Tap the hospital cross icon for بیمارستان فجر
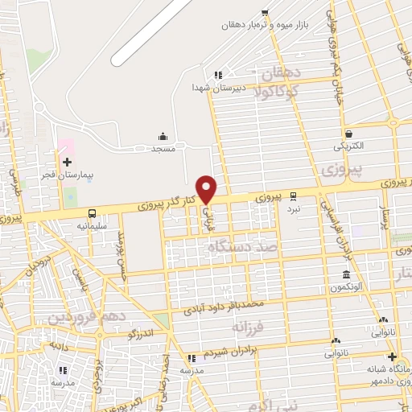coord(67,161)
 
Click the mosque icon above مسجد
coord(163,136)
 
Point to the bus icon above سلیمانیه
coord(93,213)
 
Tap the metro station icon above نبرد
coord(292,195)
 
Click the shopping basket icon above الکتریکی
coord(348,134)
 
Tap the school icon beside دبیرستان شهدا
coord(217,76)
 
